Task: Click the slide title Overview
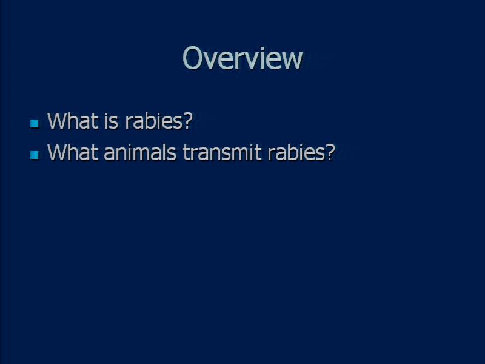(242, 58)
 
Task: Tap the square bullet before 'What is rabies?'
(35, 124)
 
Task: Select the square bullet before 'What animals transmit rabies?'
(35, 155)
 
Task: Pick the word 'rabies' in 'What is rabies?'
(155, 121)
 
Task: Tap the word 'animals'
(140, 152)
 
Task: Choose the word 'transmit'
(222, 152)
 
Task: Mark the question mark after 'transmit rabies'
(330, 152)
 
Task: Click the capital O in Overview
(193, 58)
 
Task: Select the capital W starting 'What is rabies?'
(58, 121)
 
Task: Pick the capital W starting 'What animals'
(58, 152)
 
